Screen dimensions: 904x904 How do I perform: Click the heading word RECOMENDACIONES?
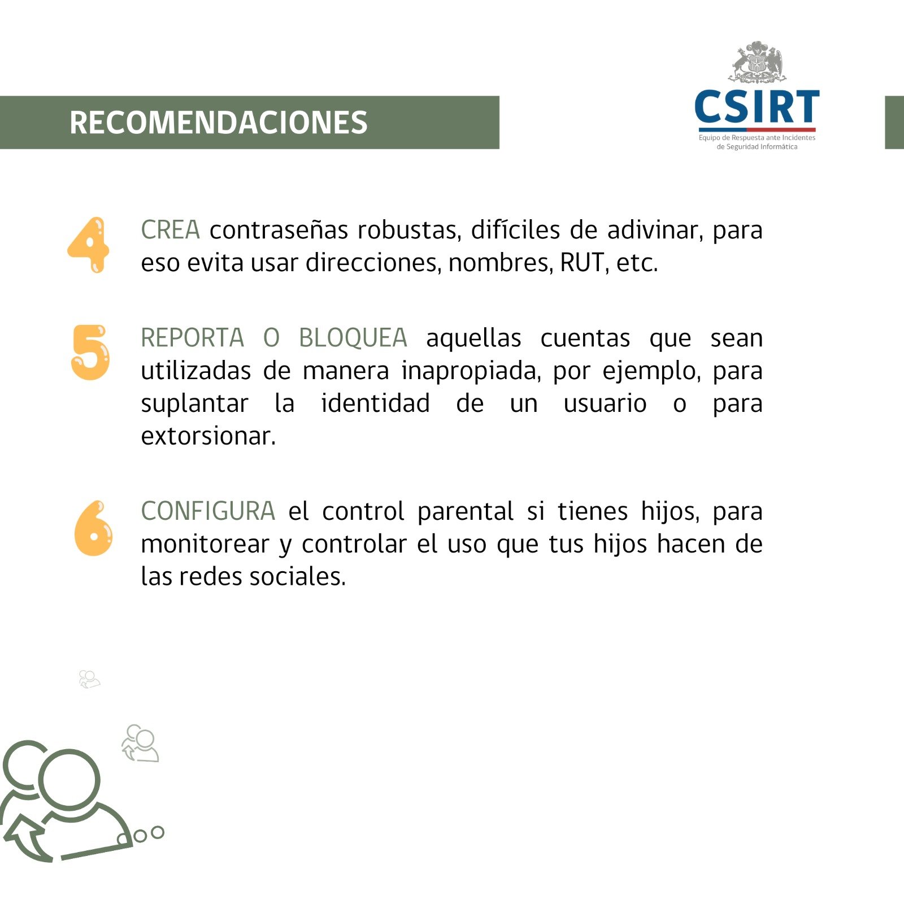218,123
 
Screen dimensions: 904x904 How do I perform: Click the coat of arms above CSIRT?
757,62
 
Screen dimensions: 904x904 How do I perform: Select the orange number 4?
88,245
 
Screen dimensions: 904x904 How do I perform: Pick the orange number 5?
90,352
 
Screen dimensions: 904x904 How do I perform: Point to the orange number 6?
93,528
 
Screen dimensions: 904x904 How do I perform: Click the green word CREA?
170,230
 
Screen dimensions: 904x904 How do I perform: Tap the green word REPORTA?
192,338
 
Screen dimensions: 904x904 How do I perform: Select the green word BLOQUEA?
353,338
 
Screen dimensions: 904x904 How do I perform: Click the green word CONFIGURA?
208,511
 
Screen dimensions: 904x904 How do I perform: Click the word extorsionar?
208,436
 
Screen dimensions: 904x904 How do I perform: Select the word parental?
466,511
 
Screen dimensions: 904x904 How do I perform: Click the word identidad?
375,403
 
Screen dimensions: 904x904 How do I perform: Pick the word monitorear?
205,544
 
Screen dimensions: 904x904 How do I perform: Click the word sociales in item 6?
297,576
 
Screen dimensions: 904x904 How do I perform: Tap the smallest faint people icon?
89,679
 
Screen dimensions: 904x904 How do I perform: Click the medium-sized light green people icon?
140,743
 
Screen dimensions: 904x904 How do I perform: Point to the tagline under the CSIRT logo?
757,142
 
